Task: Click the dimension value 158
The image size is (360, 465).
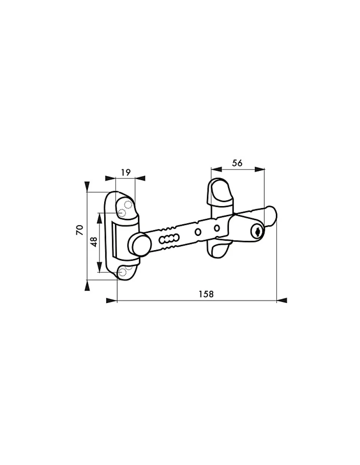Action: [206, 294]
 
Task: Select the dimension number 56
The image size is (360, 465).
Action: [237, 162]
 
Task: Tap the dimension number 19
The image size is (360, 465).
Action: [125, 172]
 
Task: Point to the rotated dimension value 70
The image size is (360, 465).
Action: [80, 230]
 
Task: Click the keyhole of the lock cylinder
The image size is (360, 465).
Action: [257, 231]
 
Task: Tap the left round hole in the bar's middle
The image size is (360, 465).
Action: [198, 232]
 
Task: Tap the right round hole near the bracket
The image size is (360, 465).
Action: [216, 228]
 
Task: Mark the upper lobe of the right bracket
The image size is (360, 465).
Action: [220, 191]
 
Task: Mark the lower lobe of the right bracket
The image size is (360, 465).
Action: [219, 250]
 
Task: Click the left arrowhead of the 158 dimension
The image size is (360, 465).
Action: [111, 301]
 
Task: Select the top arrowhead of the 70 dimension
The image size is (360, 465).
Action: [87, 186]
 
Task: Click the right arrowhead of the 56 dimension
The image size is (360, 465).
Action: [260, 169]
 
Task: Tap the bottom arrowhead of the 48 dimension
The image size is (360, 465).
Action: [100, 267]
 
